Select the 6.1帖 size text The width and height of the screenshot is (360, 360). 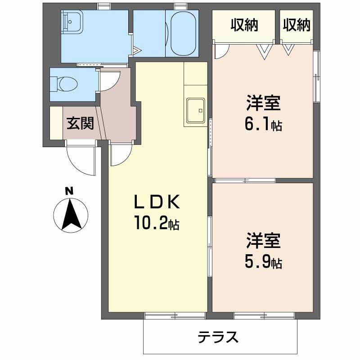coord(263,125)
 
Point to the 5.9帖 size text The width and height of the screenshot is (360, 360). coord(263,262)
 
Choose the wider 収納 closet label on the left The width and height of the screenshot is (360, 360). coord(244,26)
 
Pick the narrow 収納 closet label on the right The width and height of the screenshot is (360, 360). coord(297,26)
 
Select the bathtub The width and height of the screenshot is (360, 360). coord(182,34)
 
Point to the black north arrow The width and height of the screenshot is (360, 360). coord(70,215)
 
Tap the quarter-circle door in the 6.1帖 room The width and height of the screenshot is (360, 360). coord(221,51)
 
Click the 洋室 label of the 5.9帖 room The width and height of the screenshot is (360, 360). coord(263,241)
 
